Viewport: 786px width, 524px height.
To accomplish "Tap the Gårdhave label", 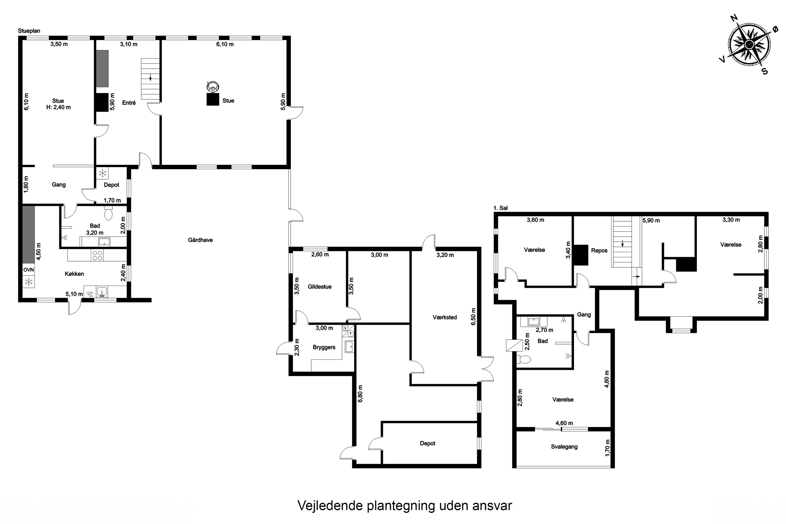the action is pos(200,240).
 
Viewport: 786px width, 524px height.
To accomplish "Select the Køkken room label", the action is pos(74,274).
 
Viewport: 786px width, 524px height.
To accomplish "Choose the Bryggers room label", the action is pos(324,347).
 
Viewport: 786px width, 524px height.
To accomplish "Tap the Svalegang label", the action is pos(564,446).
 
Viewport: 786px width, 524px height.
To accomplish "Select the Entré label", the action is pos(129,103).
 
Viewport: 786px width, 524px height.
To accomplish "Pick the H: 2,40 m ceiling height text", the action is pos(58,107).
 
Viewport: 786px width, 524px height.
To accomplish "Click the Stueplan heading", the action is pos(29,31).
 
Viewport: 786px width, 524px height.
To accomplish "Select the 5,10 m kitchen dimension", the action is pos(74,294).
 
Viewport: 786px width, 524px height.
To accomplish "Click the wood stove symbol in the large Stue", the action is pos(212,87).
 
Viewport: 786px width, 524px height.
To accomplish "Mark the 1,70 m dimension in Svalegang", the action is pos(607,448).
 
